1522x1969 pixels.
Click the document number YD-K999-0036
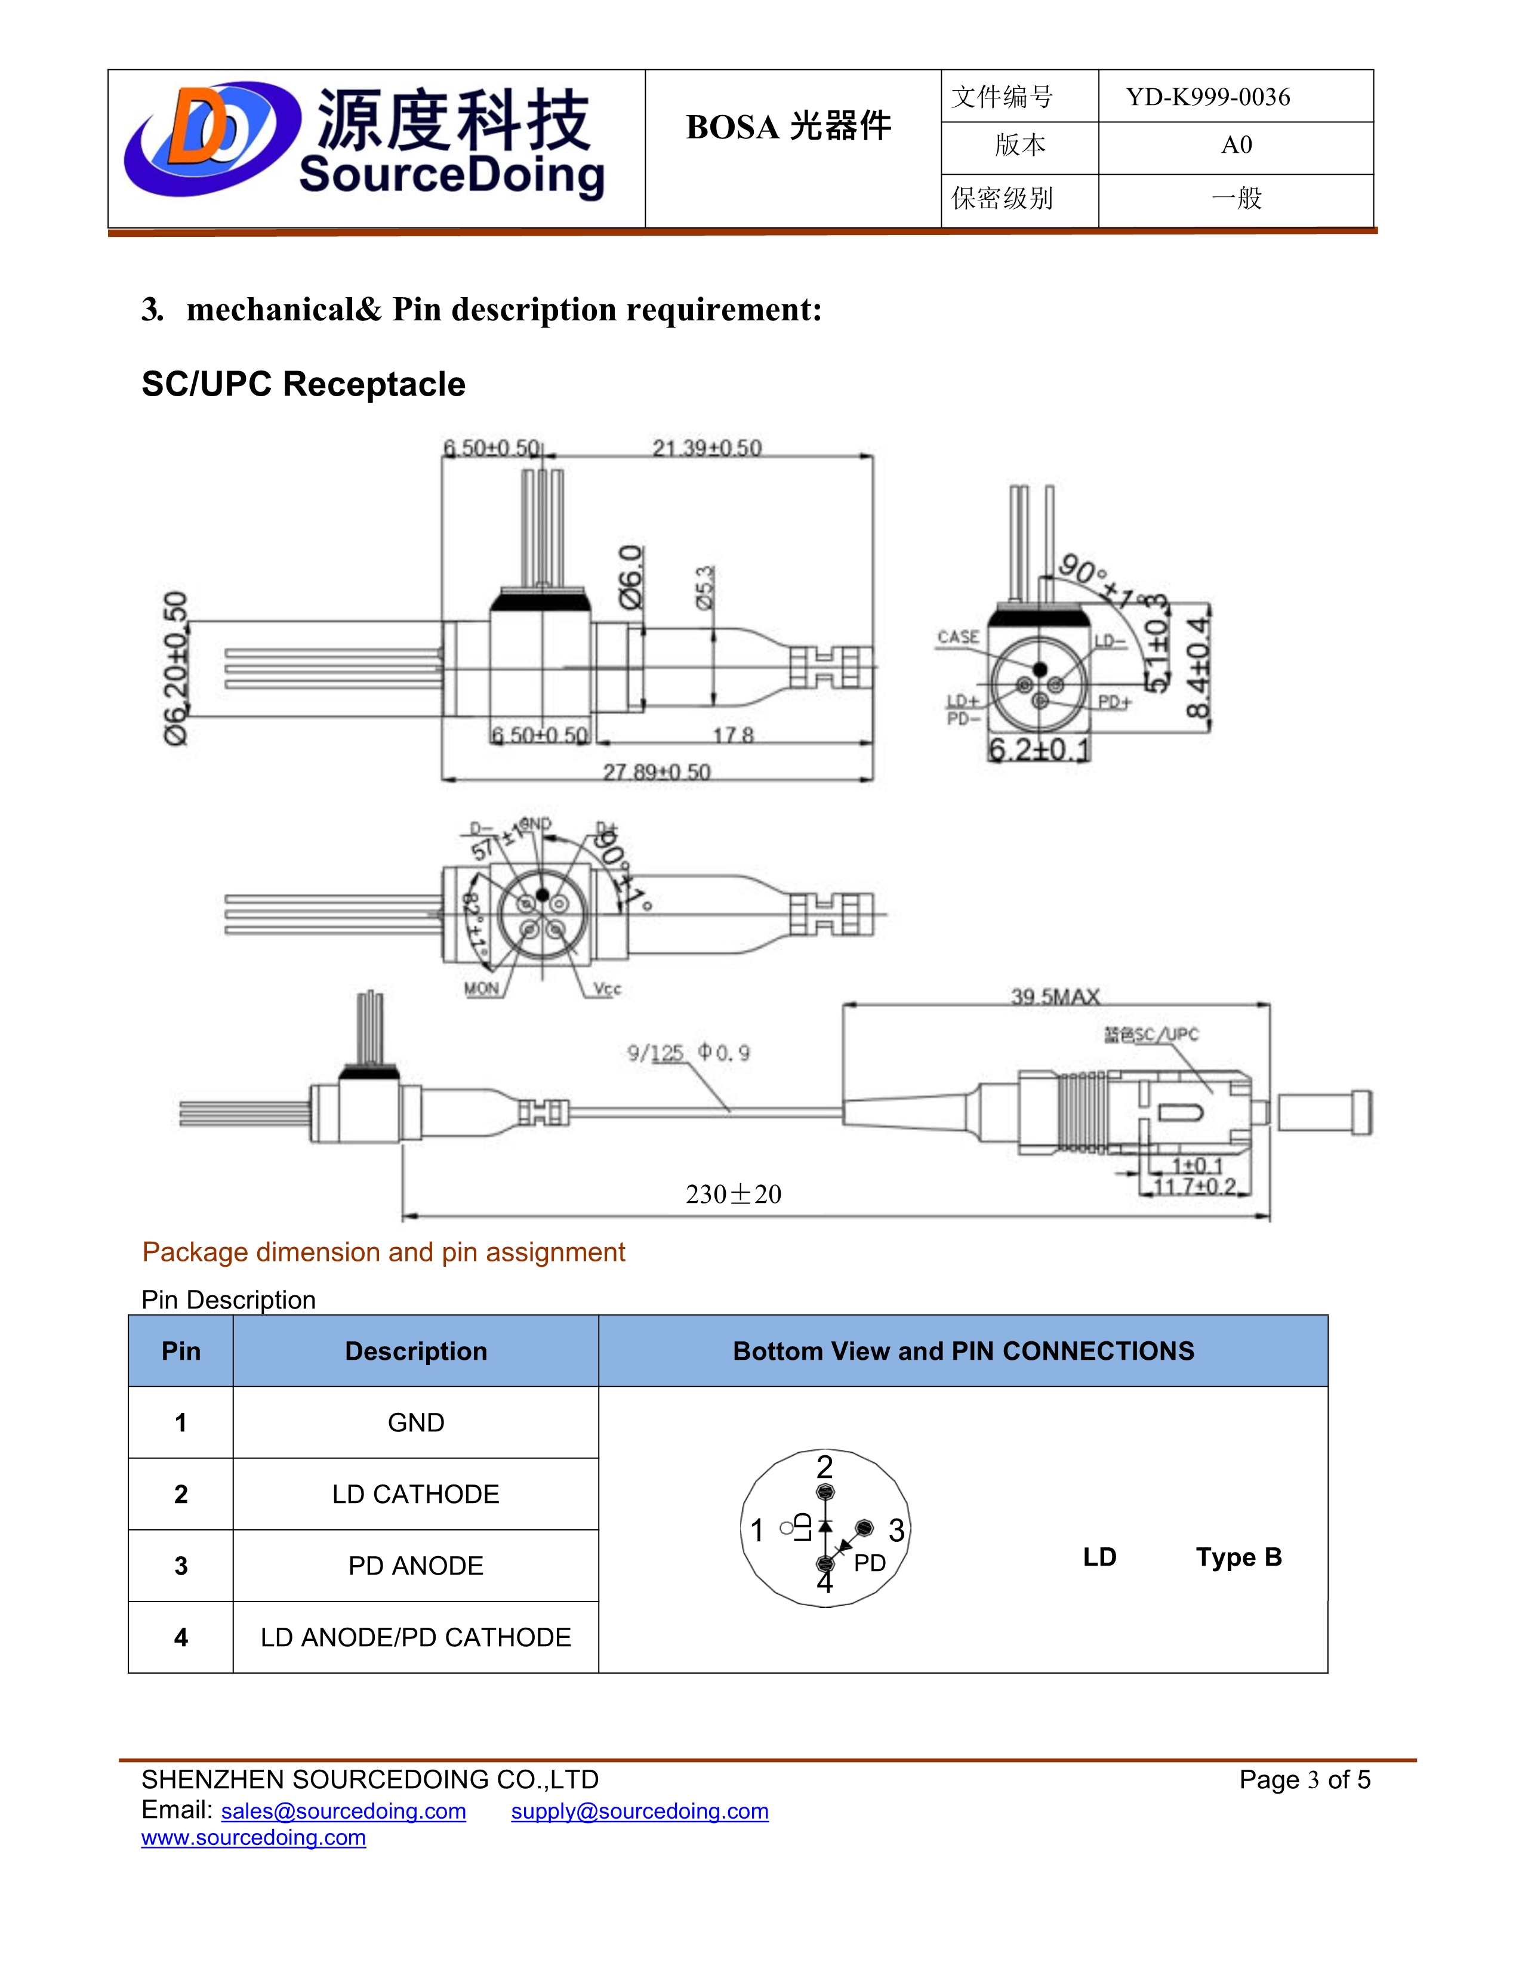[x=1207, y=97]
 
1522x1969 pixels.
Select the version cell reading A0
[x=1236, y=145]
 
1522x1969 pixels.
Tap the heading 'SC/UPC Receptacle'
[x=303, y=384]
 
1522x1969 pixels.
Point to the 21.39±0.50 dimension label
[x=707, y=448]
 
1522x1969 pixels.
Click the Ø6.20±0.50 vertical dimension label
[x=176, y=667]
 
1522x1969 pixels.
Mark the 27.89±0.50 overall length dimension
[x=657, y=771]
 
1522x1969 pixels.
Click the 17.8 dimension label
[x=732, y=736]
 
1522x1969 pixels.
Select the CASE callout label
[x=957, y=637]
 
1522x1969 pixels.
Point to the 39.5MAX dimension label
[x=1055, y=996]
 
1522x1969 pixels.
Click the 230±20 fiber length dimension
[x=733, y=1194]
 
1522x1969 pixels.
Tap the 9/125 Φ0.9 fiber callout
[x=688, y=1052]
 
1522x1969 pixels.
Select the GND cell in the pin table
[x=415, y=1422]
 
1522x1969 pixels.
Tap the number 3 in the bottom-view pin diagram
[x=896, y=1529]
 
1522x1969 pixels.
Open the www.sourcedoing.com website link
[x=253, y=1837]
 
